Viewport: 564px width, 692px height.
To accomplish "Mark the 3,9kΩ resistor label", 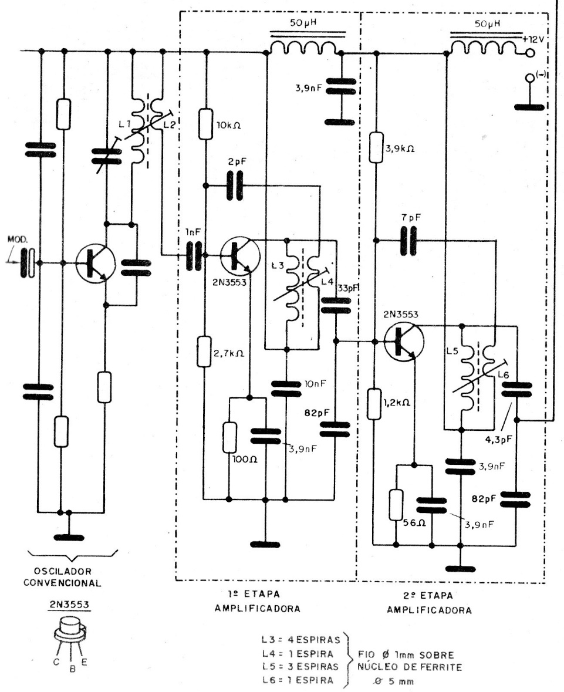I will point(402,149).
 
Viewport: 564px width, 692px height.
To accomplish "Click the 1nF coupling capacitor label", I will point(192,232).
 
